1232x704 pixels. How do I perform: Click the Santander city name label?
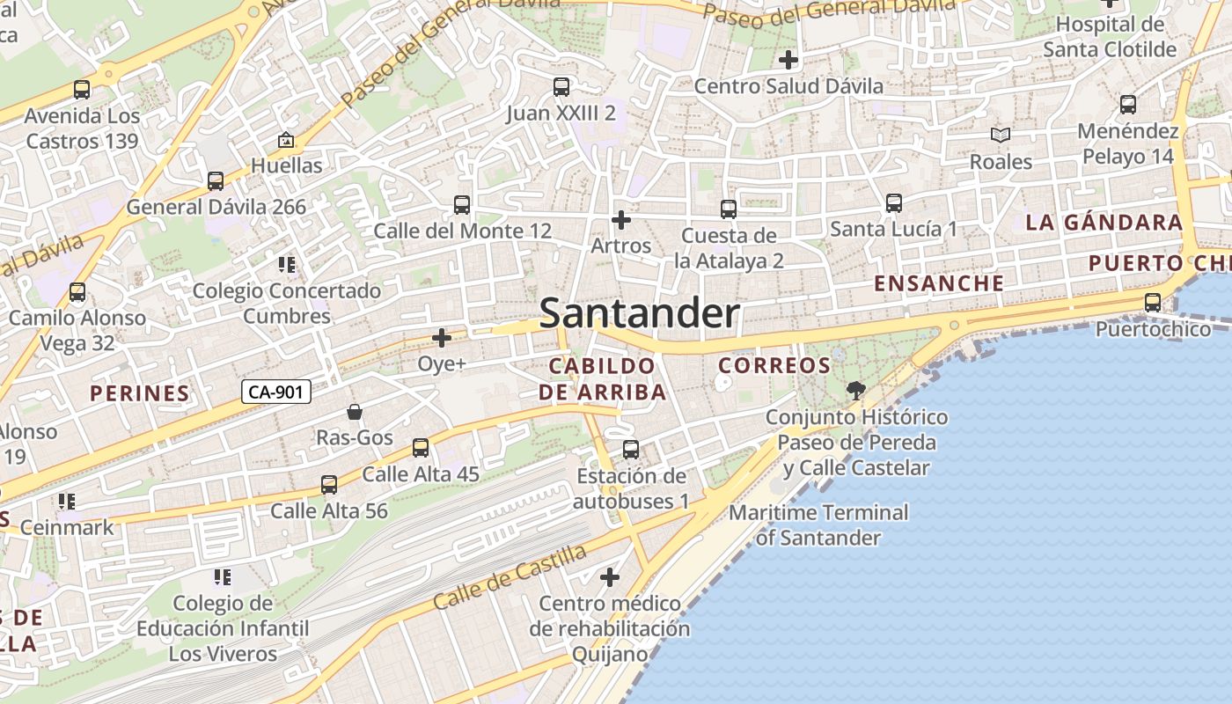[x=639, y=313]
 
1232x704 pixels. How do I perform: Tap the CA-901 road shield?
[x=277, y=392]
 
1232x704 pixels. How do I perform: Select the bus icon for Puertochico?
[x=1153, y=303]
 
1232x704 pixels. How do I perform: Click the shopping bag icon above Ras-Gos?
[x=355, y=412]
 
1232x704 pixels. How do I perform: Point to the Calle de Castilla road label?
[x=510, y=577]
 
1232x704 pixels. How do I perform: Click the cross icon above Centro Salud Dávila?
[x=788, y=60]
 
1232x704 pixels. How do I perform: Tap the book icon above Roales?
[x=1001, y=135]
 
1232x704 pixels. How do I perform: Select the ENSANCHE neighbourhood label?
[x=939, y=283]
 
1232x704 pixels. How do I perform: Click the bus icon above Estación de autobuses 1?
[x=631, y=450]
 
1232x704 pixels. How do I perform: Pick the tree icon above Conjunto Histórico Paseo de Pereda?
[x=855, y=390]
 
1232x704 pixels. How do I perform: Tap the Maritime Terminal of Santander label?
[x=819, y=524]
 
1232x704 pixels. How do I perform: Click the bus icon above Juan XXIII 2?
[x=561, y=86]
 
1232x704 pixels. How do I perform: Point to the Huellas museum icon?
[x=286, y=140]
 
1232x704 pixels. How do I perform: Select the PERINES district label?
[x=140, y=393]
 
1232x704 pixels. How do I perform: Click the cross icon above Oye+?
[x=442, y=337]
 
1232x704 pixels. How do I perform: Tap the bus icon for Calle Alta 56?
[x=329, y=485]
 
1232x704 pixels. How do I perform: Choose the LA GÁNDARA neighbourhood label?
[x=1104, y=223]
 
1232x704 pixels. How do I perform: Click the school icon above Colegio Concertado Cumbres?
[x=287, y=264]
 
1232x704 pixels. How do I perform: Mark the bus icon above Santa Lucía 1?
[x=894, y=203]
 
